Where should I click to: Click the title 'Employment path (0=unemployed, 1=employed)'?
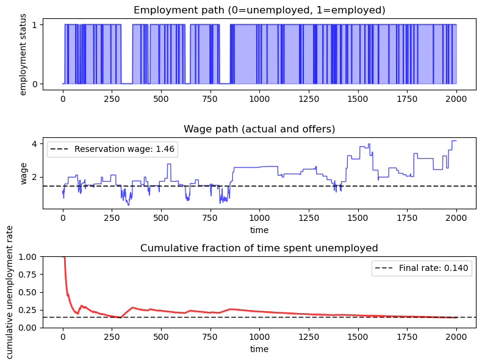(259, 10)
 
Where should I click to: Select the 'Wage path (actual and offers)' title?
(259, 129)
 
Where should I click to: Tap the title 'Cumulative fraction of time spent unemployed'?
(259, 248)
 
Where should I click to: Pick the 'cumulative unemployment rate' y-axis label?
(10, 292)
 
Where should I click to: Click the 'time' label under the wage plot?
(259, 230)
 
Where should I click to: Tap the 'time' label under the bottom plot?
(259, 349)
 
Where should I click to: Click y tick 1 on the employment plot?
(35, 24)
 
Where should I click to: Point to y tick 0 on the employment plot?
(35, 84)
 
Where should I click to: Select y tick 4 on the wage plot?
(35, 144)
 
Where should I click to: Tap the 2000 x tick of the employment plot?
(456, 98)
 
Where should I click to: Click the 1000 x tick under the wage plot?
(259, 217)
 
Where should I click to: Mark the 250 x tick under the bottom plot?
(112, 336)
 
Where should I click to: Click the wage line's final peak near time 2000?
(454, 141)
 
